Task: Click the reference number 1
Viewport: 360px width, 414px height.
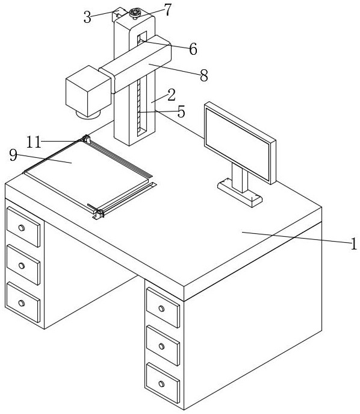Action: (353, 243)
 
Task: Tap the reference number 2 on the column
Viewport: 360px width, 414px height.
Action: (172, 95)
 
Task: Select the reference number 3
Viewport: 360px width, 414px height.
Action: (87, 17)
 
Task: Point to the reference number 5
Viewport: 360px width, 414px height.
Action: (181, 111)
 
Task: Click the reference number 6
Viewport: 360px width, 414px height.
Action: (193, 49)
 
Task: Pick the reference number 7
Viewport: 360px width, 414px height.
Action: (168, 10)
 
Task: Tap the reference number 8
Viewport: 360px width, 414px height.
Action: (204, 75)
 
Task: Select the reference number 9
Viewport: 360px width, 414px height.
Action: (13, 155)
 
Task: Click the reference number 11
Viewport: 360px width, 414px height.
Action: (34, 142)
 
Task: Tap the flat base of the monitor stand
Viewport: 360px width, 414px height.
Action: (240, 192)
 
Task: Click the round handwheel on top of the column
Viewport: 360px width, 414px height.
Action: (136, 13)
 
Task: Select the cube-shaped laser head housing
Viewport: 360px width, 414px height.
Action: (88, 90)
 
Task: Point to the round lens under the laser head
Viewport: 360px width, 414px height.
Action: (88, 114)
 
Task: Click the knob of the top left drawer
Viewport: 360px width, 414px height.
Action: (22, 228)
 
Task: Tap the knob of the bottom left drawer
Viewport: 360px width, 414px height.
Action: (22, 303)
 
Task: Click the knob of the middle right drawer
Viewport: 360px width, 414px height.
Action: (162, 346)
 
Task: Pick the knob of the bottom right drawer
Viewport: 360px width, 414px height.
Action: (162, 384)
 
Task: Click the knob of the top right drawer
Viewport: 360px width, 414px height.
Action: (162, 309)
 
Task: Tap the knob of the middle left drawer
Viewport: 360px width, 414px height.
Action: (22, 266)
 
